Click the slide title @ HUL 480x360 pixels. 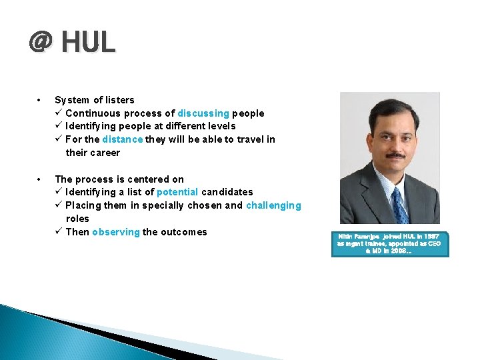click(72, 42)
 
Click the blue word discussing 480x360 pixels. click(203, 113)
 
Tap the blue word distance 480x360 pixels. click(122, 139)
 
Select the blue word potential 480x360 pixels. click(177, 192)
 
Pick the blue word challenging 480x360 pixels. click(273, 205)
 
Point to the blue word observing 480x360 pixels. click(116, 232)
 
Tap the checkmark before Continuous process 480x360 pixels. click(59, 113)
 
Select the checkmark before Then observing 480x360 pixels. click(59, 232)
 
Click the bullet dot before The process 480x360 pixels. click(41, 179)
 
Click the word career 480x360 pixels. click(105, 153)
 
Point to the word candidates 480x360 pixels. click(227, 192)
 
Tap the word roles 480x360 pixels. click(77, 219)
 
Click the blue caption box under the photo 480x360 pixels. click(390, 244)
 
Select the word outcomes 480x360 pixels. click(185, 232)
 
